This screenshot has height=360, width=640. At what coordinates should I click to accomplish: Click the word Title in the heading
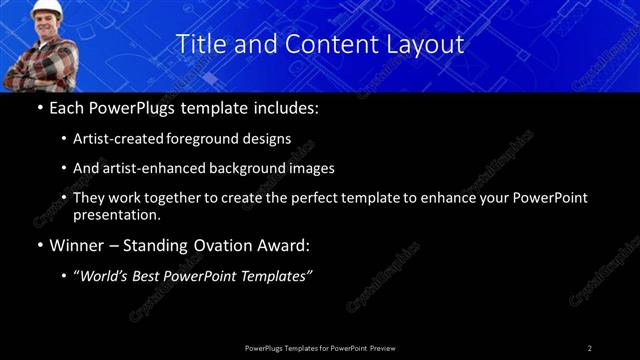click(x=199, y=44)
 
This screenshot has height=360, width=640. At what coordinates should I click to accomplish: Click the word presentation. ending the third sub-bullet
click(x=116, y=214)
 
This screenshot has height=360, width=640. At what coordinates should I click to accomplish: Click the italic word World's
click(x=107, y=276)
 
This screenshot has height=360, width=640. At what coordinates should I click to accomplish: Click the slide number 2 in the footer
click(x=590, y=348)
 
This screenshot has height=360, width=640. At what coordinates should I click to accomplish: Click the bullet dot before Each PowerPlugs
click(x=40, y=107)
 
